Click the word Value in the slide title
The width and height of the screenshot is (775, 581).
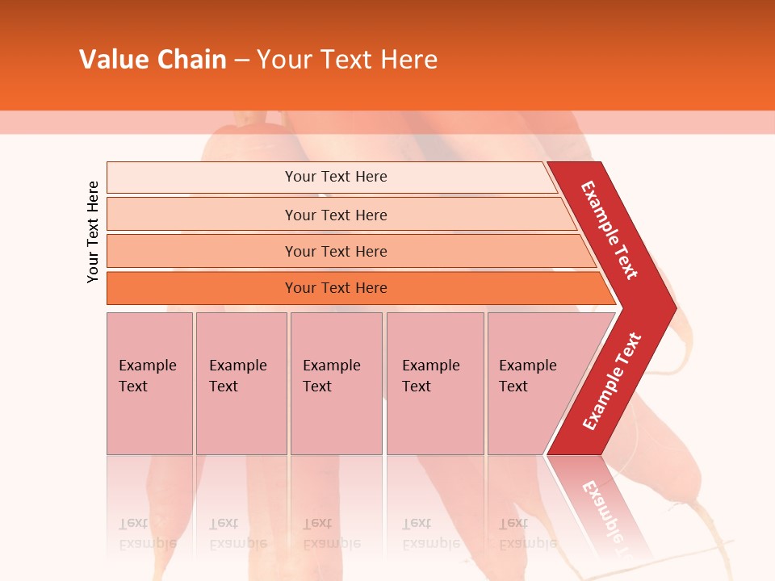pyautogui.click(x=113, y=60)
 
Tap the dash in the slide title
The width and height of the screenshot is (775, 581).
pyautogui.click(x=241, y=61)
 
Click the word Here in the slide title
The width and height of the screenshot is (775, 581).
pyautogui.click(x=408, y=60)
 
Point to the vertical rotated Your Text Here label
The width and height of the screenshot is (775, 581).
pyautogui.click(x=93, y=232)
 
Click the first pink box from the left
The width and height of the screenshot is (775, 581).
pyautogui.click(x=149, y=383)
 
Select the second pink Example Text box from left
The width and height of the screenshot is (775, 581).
pyautogui.click(x=241, y=383)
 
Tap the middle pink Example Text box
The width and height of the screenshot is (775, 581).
pyautogui.click(x=336, y=383)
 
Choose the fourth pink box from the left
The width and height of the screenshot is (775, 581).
pyautogui.click(x=435, y=383)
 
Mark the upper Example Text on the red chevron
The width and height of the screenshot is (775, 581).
pyautogui.click(x=610, y=230)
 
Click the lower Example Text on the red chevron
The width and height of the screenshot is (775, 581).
pyautogui.click(x=612, y=381)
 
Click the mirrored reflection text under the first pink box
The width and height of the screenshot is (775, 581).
pyautogui.click(x=147, y=533)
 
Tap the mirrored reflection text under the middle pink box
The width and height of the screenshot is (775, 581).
pyautogui.click(x=331, y=533)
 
